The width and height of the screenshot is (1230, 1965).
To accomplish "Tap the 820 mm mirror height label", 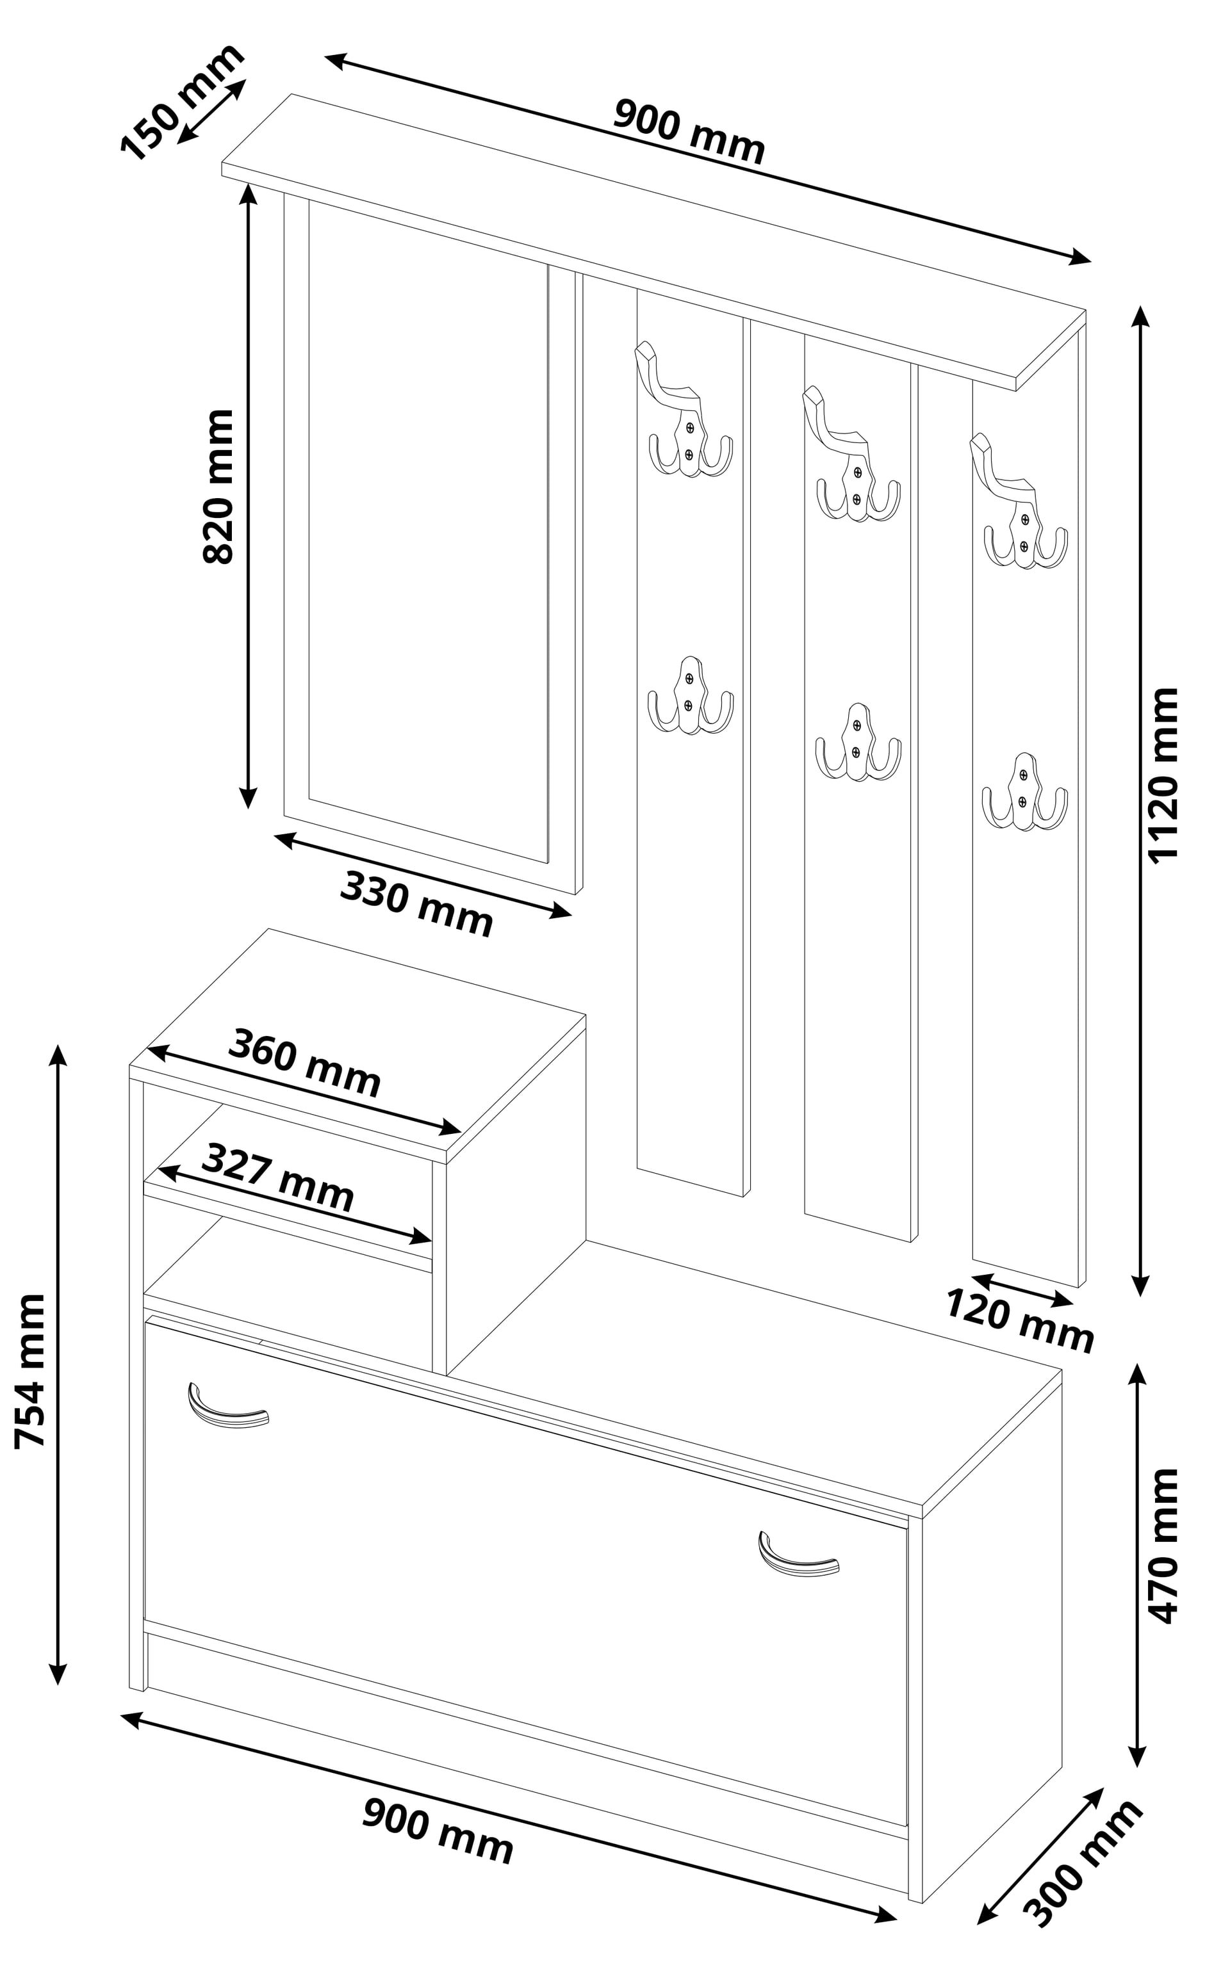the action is click(x=218, y=486).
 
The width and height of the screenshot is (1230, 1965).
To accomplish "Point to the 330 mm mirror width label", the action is click(x=416, y=904).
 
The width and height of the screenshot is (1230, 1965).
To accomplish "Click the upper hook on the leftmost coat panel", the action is click(x=684, y=412).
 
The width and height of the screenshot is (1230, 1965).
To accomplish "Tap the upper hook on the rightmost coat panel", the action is click(x=1019, y=504).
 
